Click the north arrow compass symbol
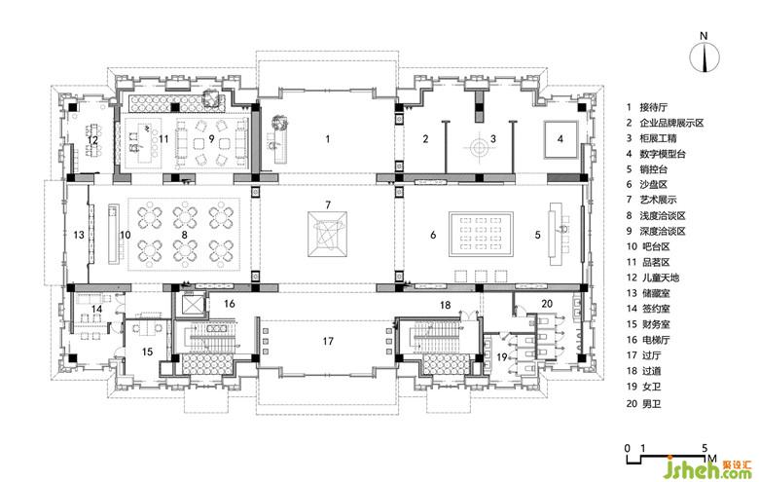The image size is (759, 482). click(705, 57)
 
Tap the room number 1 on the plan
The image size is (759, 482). click(328, 139)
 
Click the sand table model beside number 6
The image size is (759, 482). click(480, 235)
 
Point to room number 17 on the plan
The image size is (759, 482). click(328, 341)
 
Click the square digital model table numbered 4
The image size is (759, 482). click(560, 139)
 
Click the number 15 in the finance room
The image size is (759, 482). click(147, 352)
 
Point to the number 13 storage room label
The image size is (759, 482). click(79, 236)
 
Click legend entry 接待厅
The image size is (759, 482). click(653, 107)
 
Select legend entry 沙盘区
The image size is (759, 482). click(653, 185)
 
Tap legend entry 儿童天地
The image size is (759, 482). click(660, 278)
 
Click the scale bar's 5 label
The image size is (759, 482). click(705, 448)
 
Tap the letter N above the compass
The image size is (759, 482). click(704, 36)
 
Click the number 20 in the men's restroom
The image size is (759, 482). click(547, 304)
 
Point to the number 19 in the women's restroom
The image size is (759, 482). click(502, 357)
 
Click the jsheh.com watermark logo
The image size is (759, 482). click(709, 467)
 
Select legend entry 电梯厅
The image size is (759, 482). click(653, 340)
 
